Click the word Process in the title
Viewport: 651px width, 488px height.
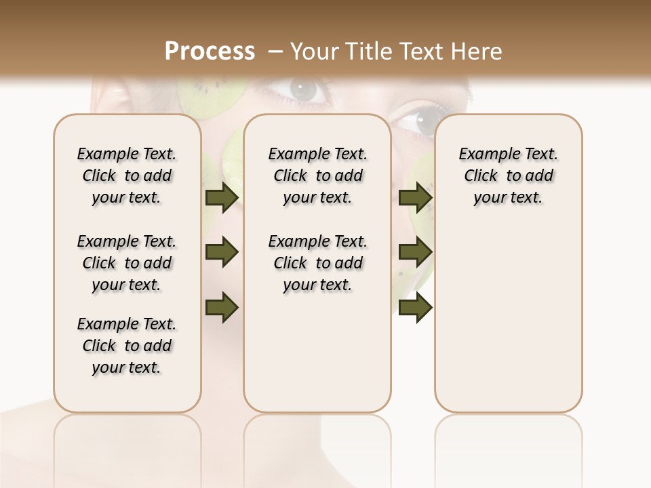[210, 52]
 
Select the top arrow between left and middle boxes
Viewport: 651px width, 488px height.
[222, 198]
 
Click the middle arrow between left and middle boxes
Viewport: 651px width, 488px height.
[222, 252]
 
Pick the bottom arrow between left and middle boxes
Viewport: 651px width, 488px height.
[222, 307]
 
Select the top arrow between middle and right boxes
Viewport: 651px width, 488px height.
[415, 198]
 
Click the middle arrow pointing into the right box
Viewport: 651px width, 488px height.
[415, 252]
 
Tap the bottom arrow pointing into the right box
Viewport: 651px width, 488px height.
[415, 307]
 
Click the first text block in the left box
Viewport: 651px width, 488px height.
[127, 176]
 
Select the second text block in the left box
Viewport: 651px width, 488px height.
[127, 263]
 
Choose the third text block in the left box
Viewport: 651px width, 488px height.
[127, 346]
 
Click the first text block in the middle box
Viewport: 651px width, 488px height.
[317, 176]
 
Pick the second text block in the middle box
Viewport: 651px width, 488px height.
[317, 263]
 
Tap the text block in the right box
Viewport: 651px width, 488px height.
[508, 176]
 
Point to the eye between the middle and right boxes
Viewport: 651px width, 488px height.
[415, 122]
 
